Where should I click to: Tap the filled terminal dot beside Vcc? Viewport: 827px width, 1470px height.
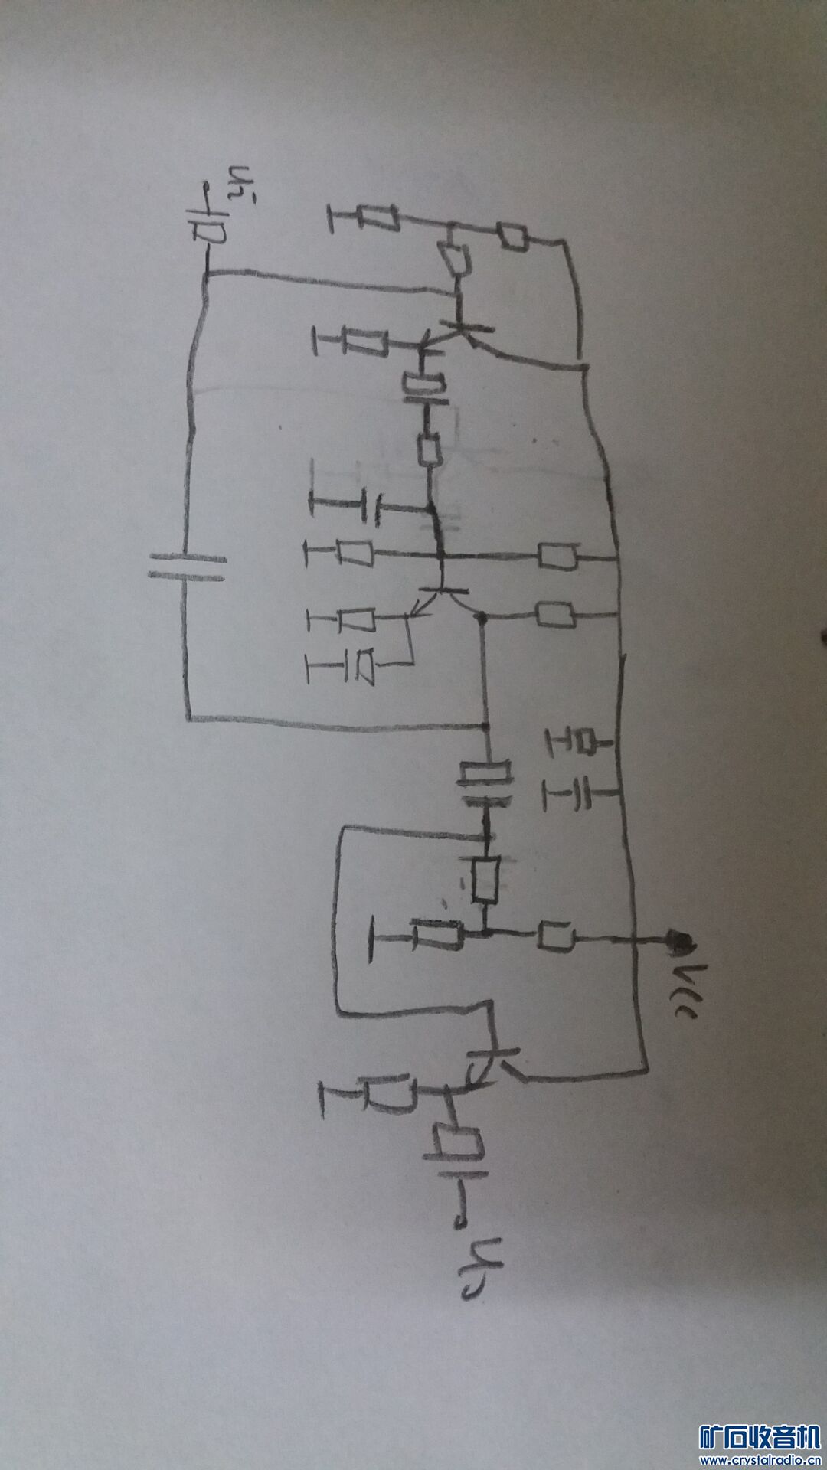[x=678, y=939]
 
